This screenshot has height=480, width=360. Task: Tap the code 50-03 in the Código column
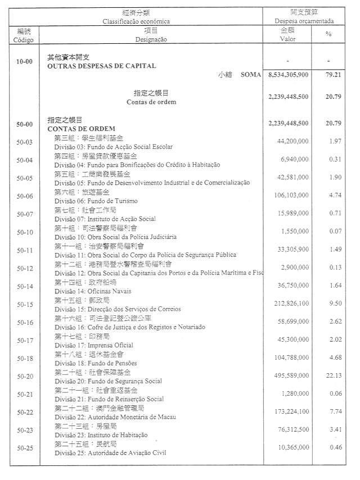point(24,142)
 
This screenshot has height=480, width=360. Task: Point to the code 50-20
point(24,376)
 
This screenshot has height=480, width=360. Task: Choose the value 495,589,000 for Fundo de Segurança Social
point(291,375)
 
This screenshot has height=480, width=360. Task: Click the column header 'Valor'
point(287,39)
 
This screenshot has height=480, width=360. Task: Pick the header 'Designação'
point(151,39)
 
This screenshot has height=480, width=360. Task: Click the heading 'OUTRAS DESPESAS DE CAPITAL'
point(102,66)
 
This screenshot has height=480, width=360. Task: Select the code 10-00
point(24,61)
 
